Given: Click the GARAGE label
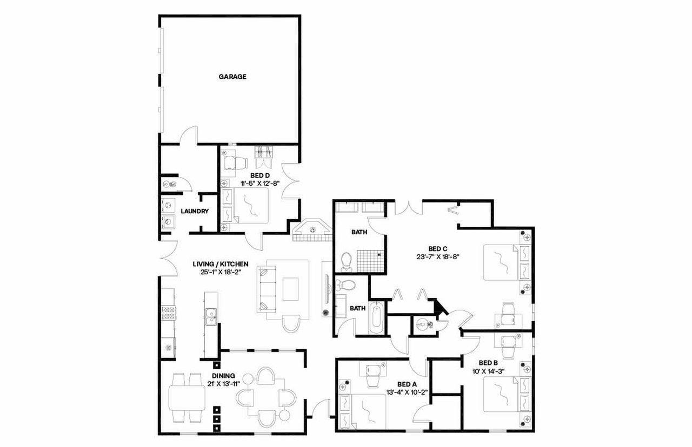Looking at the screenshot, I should pyautogui.click(x=232, y=77).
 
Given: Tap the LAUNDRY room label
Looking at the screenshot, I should pyautogui.click(x=195, y=211).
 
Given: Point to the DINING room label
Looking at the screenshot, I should pyautogui.click(x=223, y=376).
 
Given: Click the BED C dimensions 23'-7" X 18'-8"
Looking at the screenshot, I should pyautogui.click(x=438, y=257).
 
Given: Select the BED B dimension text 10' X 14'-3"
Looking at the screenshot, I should pyautogui.click(x=488, y=371).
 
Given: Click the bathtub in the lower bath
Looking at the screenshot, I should pyautogui.click(x=376, y=320).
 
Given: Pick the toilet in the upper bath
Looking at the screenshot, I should pyautogui.click(x=347, y=262).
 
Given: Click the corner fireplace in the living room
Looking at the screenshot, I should pyautogui.click(x=312, y=231).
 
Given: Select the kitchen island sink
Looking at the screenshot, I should pyautogui.click(x=210, y=316).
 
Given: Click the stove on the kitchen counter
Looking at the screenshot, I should pyautogui.click(x=168, y=313).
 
